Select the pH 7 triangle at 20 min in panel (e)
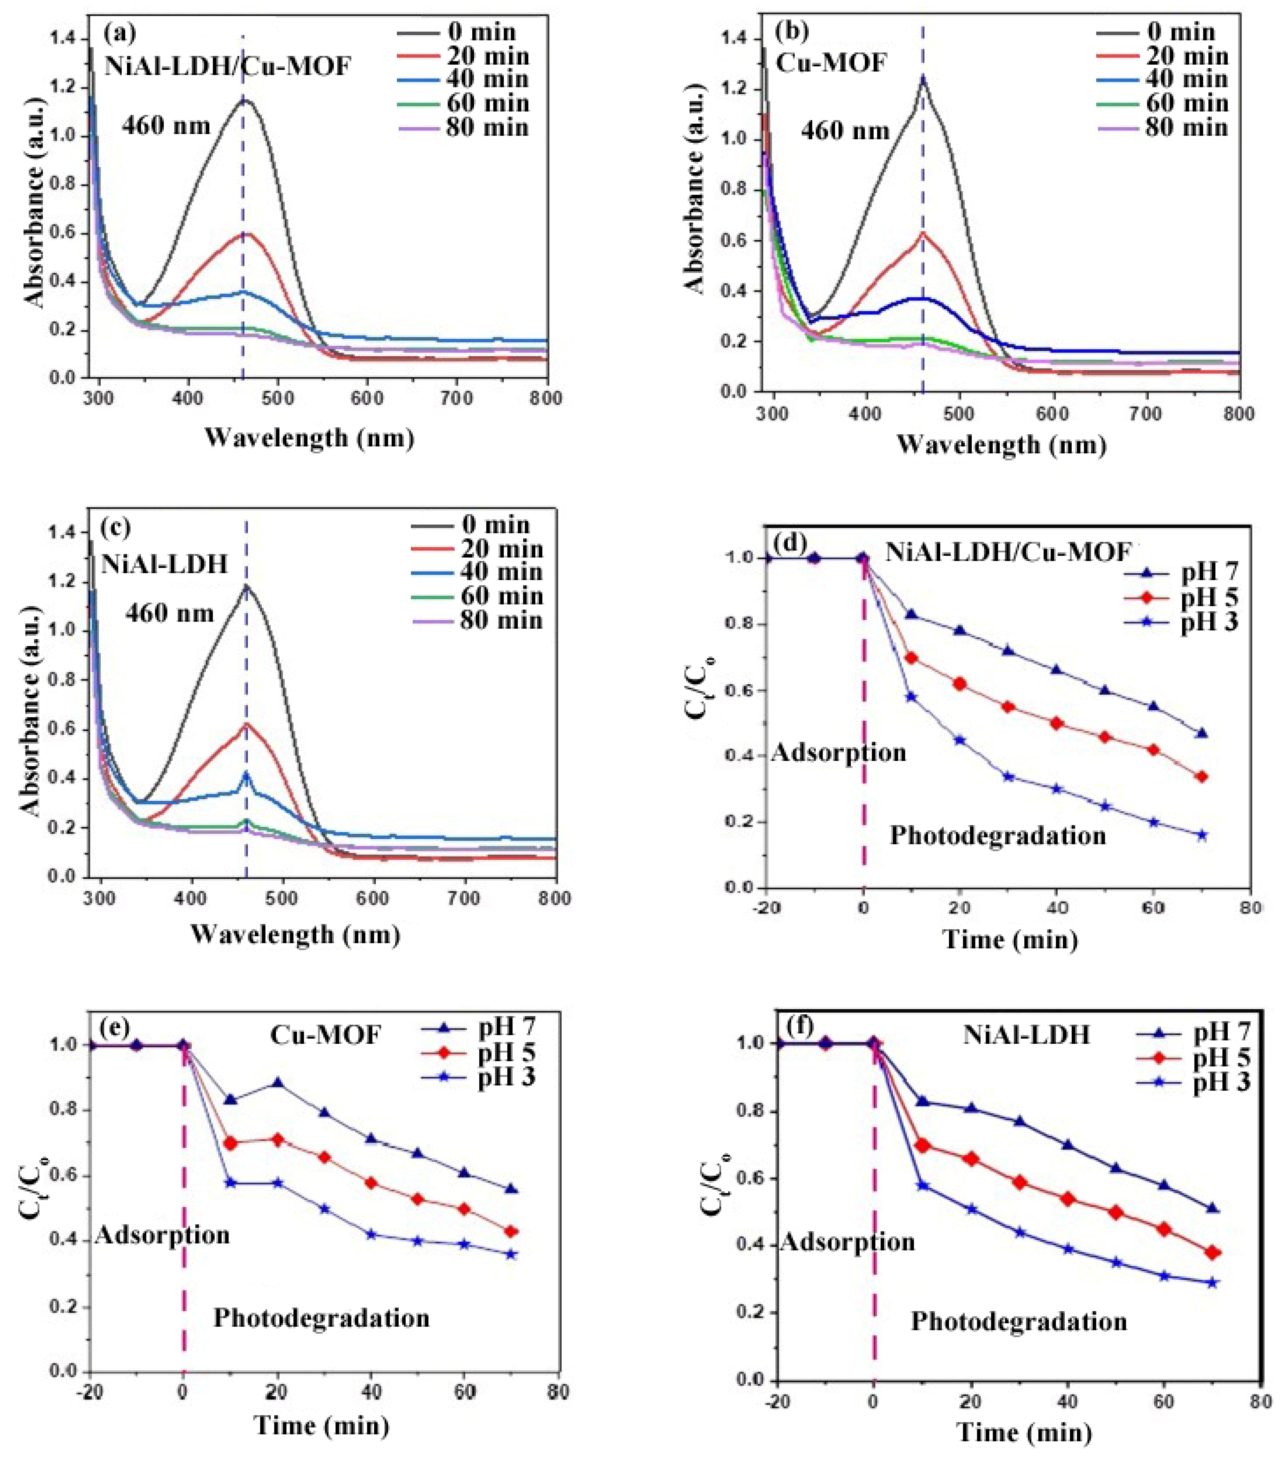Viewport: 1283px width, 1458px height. click(277, 1083)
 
